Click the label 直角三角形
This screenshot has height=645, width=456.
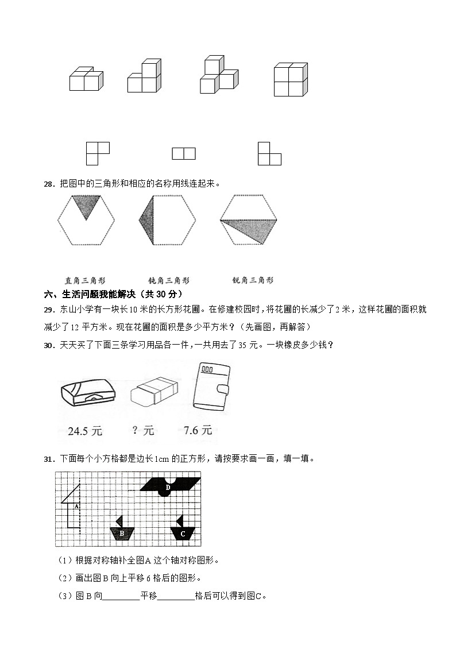(x=85, y=281)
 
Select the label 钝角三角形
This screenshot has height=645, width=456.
(x=169, y=281)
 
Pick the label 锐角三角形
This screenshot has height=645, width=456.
(x=253, y=280)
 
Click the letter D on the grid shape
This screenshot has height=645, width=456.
(x=168, y=488)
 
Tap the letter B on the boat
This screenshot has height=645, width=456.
(x=122, y=533)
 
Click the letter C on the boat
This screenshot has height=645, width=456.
(x=183, y=534)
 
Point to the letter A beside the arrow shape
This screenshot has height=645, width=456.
(x=76, y=506)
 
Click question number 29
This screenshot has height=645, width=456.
(x=48, y=310)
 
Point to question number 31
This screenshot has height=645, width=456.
(x=48, y=459)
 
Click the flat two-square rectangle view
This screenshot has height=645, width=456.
(x=184, y=153)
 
